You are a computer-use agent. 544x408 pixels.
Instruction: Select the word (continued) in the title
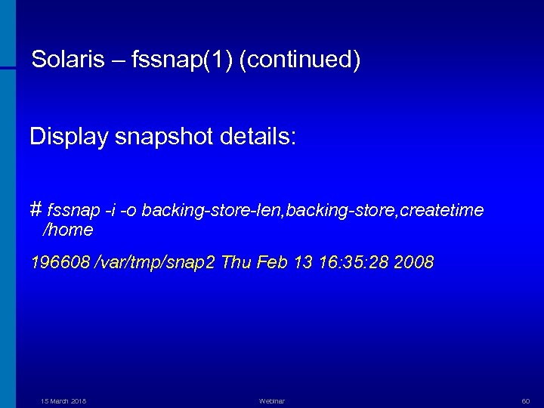tap(300, 60)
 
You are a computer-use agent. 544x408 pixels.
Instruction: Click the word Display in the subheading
tap(66, 138)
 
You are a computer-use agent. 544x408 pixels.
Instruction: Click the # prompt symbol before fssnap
tap(36, 209)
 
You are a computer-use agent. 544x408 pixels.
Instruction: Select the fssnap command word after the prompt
tap(73, 209)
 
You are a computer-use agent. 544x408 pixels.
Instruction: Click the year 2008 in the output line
tap(414, 263)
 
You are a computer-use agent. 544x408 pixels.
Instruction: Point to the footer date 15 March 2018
tap(63, 401)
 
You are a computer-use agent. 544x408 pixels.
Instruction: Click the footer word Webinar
tap(271, 401)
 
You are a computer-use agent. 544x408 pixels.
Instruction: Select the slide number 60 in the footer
tap(527, 401)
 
